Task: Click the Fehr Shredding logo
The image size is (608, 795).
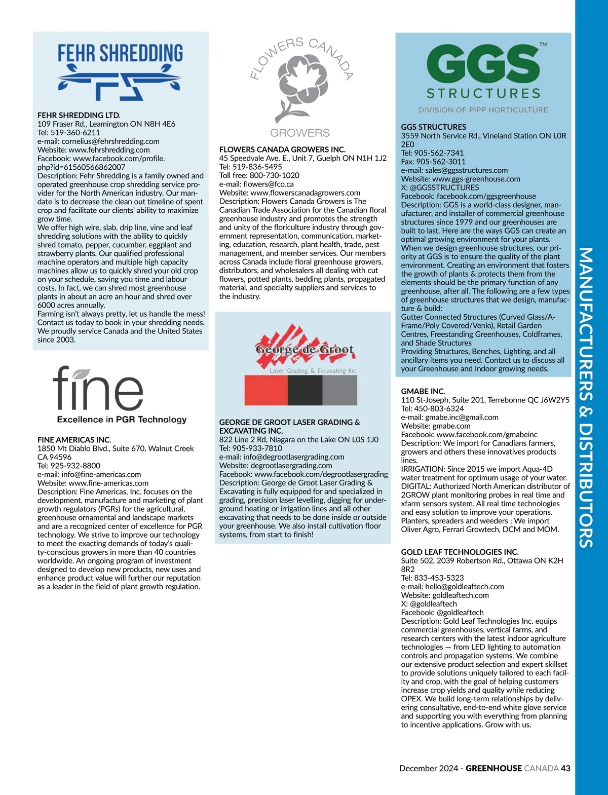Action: point(120,71)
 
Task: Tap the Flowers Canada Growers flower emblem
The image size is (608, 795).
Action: point(300,86)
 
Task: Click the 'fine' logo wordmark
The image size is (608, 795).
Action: point(98,389)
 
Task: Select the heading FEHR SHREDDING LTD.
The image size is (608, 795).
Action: point(79,116)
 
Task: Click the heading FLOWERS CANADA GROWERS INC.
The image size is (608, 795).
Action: point(282,149)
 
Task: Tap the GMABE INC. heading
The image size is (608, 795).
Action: point(423,391)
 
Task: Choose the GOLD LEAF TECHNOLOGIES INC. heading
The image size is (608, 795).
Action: point(460,552)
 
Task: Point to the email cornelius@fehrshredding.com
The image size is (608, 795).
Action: point(110,141)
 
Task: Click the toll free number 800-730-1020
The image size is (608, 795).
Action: point(274,175)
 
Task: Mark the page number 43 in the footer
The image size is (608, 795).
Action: point(565,768)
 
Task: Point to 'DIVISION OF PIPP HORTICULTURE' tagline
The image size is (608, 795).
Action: point(483,110)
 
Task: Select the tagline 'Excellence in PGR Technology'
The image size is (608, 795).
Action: point(122,420)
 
